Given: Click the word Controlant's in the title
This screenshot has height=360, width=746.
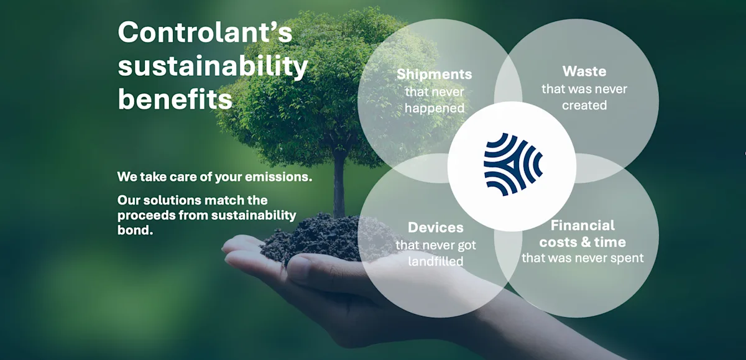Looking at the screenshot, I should tap(205, 32).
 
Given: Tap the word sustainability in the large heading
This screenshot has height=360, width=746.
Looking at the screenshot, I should tap(213, 67).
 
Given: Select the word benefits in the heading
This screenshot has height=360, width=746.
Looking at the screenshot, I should tap(175, 99).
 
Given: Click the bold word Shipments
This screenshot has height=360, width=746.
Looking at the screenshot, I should tap(434, 75).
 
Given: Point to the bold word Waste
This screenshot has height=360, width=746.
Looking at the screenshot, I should tap(584, 71).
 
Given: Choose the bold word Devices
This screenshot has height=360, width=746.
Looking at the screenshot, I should tap(435, 228).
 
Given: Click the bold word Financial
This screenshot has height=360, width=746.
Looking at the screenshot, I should tap(583, 225).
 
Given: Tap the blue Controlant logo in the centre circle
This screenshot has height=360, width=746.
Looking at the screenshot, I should tap(512, 165).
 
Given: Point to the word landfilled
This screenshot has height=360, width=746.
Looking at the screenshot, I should tap(435, 261).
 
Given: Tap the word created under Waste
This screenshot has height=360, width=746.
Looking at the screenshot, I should tap(584, 105).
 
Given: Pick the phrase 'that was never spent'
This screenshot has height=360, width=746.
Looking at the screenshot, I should tap(583, 257).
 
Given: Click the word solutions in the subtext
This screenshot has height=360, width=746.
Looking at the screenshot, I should tap(168, 201).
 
